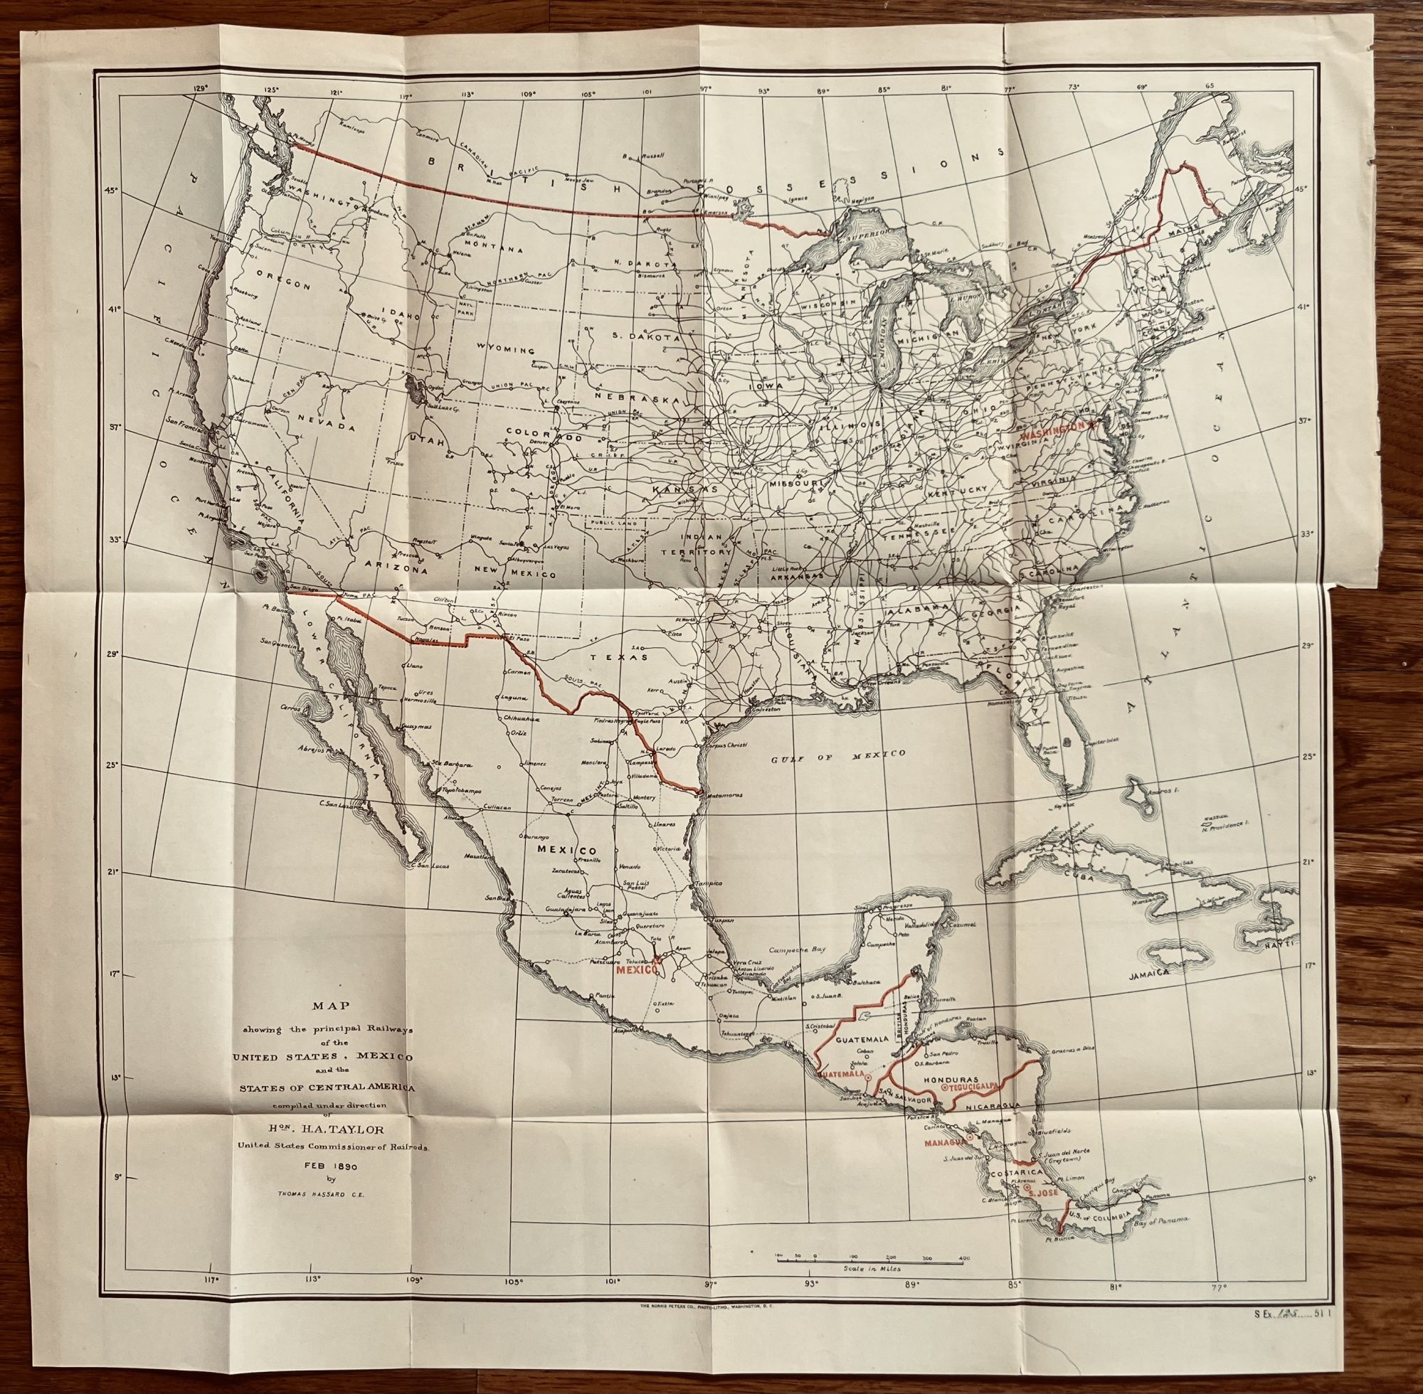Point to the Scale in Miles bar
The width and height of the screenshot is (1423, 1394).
tap(869, 1258)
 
